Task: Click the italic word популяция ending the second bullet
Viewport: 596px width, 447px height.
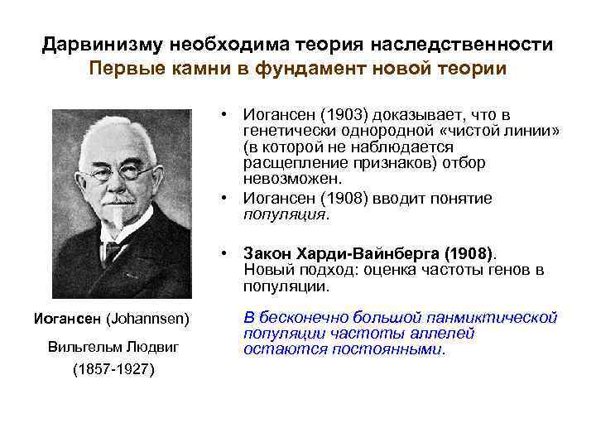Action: (x=285, y=214)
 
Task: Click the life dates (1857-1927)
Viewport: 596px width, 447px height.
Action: (x=113, y=369)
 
